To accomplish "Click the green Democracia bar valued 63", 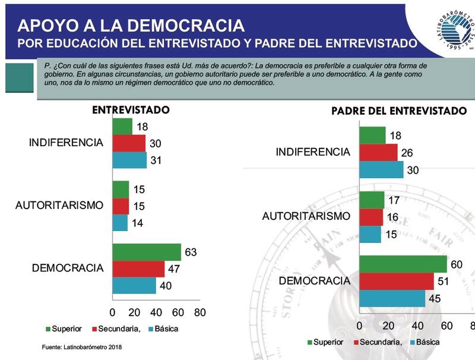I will pos(147,252).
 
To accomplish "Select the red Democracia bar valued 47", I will pos(138,269).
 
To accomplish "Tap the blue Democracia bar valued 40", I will pos(134,285).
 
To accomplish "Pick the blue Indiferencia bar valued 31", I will pos(129,160).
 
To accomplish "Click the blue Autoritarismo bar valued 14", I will pos(120,223).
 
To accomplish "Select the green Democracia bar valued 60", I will pos(403,264).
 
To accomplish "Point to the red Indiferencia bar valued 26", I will pos(378,153).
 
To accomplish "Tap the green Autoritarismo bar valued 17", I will pos(372,200).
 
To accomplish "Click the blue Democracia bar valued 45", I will pos(392,298).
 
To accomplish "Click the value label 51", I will pos(443,281).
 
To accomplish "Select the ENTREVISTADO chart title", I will pos(131,110).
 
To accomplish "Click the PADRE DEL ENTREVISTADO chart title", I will pos(398,111).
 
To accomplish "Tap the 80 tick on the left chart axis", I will pos(199,312).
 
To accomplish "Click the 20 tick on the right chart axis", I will pos(388,326).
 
